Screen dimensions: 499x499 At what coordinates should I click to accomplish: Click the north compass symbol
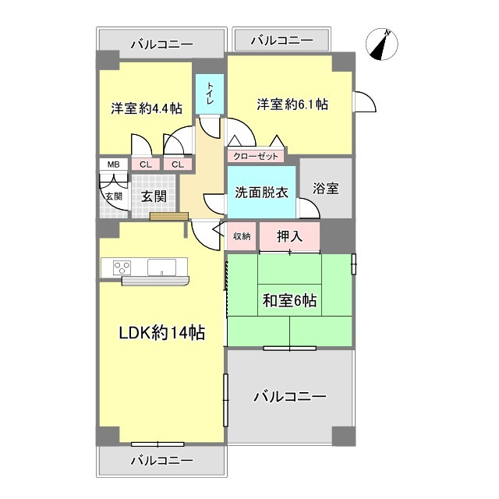[x=381, y=44]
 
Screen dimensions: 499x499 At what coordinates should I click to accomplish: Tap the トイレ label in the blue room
[x=210, y=93]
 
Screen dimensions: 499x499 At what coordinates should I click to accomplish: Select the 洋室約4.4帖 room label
[x=147, y=108]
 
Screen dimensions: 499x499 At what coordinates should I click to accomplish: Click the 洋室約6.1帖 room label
[x=292, y=104]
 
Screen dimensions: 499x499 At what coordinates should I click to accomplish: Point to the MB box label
[x=114, y=165]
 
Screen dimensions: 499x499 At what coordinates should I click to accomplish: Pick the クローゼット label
[x=256, y=156]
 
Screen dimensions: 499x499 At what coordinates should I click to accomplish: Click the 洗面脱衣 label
[x=262, y=193]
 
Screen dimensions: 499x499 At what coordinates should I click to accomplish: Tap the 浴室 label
[x=326, y=189]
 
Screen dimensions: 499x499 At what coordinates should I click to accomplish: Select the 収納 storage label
[x=242, y=236]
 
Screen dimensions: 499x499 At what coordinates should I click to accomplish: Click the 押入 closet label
[x=289, y=236]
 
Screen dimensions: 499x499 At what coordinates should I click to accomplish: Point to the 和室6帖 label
[x=289, y=300]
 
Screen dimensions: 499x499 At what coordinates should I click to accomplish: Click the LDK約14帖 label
[x=161, y=333]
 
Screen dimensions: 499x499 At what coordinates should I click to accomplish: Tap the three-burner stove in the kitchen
[x=122, y=267]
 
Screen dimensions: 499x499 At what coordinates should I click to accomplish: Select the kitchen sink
[x=161, y=267]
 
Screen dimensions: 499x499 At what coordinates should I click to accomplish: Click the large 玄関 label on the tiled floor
[x=154, y=196]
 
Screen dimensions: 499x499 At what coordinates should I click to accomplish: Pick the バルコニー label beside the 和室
[x=290, y=397]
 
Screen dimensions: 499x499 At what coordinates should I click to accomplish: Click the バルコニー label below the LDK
[x=162, y=460]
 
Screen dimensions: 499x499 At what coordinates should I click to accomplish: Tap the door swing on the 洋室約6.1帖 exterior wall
[x=365, y=102]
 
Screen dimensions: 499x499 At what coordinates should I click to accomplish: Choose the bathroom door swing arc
[x=309, y=208]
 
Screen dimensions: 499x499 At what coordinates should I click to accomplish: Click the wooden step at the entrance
[x=169, y=216]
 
